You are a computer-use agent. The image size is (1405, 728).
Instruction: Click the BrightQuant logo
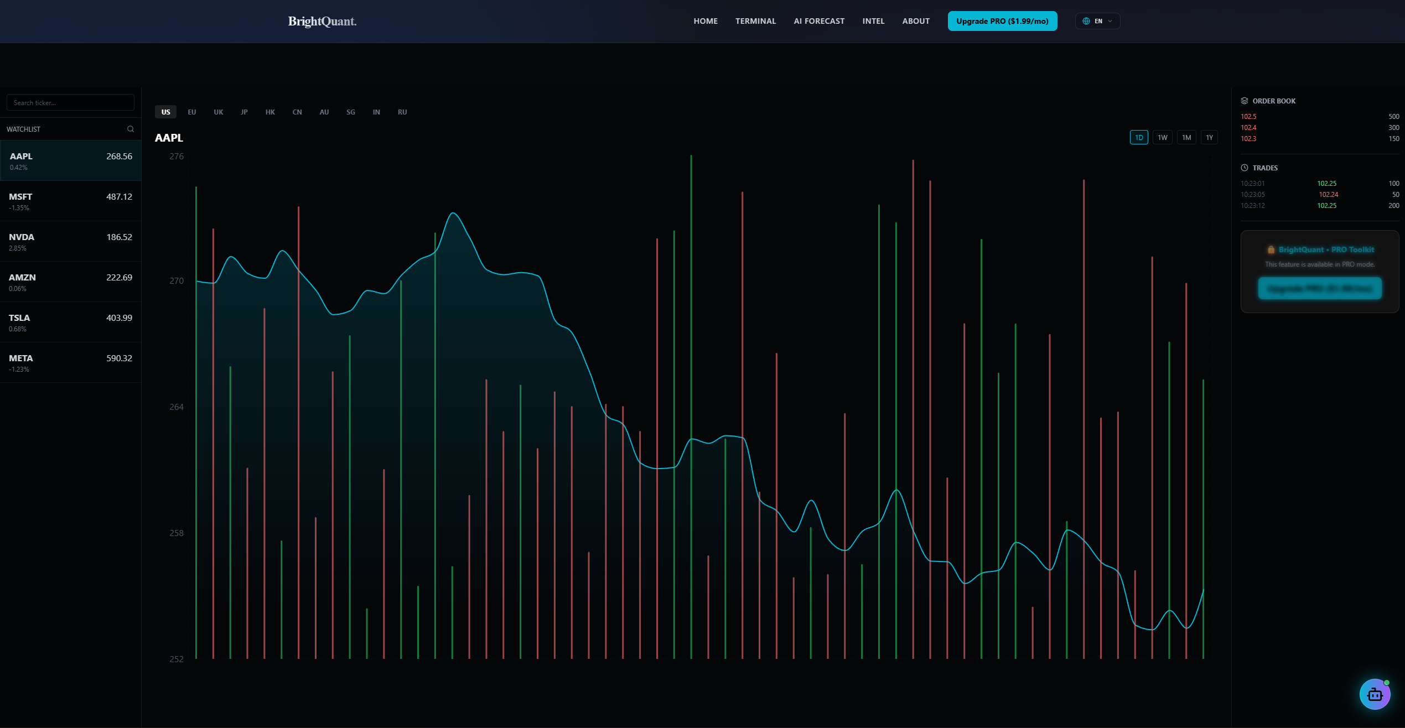click(x=322, y=21)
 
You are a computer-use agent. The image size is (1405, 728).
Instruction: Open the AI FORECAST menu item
click(x=819, y=21)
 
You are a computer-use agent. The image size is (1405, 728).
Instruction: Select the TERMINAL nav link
click(x=755, y=21)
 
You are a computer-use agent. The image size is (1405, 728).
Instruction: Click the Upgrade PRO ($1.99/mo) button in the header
click(x=1002, y=21)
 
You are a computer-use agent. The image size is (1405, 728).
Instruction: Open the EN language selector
click(x=1097, y=21)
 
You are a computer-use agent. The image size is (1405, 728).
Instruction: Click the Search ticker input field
click(x=70, y=102)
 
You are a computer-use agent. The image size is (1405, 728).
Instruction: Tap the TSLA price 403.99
click(x=119, y=318)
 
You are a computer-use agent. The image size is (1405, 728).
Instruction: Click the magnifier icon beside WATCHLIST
click(x=131, y=129)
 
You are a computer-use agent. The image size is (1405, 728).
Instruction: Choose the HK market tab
click(x=270, y=112)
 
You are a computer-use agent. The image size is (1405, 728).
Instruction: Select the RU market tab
click(x=402, y=112)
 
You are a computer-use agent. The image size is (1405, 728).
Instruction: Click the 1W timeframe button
click(x=1162, y=137)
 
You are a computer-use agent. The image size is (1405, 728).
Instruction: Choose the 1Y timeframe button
click(x=1209, y=137)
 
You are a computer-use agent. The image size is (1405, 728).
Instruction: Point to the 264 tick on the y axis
click(x=177, y=407)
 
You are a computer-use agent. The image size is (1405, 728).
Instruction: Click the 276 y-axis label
click(x=177, y=156)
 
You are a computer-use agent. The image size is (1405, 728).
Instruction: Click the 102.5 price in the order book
click(x=1248, y=117)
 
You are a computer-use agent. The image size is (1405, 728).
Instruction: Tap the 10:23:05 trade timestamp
click(x=1252, y=194)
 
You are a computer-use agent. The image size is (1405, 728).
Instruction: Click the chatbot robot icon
click(x=1375, y=694)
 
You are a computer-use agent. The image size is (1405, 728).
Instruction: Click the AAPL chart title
click(x=169, y=138)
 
